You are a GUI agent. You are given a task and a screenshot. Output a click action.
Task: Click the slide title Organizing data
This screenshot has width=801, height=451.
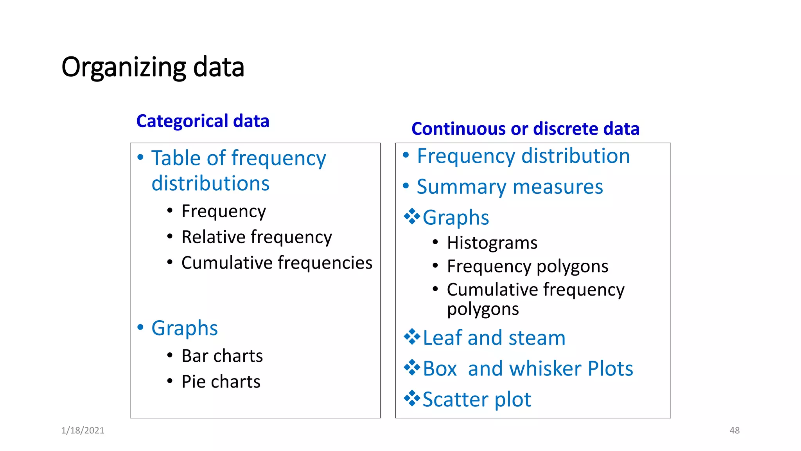[153, 67]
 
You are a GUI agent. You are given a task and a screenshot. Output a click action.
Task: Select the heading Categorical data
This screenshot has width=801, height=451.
[203, 121]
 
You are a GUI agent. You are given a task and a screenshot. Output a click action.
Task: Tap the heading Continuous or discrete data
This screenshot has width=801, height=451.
[525, 129]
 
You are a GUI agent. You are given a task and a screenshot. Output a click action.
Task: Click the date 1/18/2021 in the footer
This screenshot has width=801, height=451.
[83, 430]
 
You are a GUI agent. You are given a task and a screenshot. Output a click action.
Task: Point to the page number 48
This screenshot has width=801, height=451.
[734, 430]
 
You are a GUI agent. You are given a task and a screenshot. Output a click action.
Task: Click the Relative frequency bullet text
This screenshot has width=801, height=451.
[257, 237]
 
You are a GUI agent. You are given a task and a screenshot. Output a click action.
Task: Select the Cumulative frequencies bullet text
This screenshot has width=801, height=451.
[277, 263]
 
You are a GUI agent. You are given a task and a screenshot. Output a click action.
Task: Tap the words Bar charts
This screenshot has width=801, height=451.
[222, 356]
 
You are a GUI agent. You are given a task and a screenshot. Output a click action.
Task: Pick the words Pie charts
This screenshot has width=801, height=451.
[221, 382]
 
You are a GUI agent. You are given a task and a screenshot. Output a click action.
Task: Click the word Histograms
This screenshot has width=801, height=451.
[492, 243]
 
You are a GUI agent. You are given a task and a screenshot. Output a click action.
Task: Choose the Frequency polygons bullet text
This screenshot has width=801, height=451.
[527, 266]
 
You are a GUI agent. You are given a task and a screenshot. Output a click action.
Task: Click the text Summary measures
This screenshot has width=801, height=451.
[510, 187]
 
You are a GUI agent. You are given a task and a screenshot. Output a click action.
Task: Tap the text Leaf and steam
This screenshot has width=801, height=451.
[494, 337]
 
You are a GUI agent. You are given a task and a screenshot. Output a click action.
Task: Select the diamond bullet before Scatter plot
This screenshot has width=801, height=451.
[411, 399]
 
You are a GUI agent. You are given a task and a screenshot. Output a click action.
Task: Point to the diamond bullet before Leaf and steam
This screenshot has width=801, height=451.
[411, 337]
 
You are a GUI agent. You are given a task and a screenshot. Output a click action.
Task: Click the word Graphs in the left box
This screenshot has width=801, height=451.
[184, 328]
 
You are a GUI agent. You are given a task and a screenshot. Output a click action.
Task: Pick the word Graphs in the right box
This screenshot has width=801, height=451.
[456, 218]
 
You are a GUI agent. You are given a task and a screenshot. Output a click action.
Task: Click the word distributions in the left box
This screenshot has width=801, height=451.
[210, 183]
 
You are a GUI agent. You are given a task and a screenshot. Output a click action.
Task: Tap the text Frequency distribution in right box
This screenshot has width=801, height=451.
[523, 156]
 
